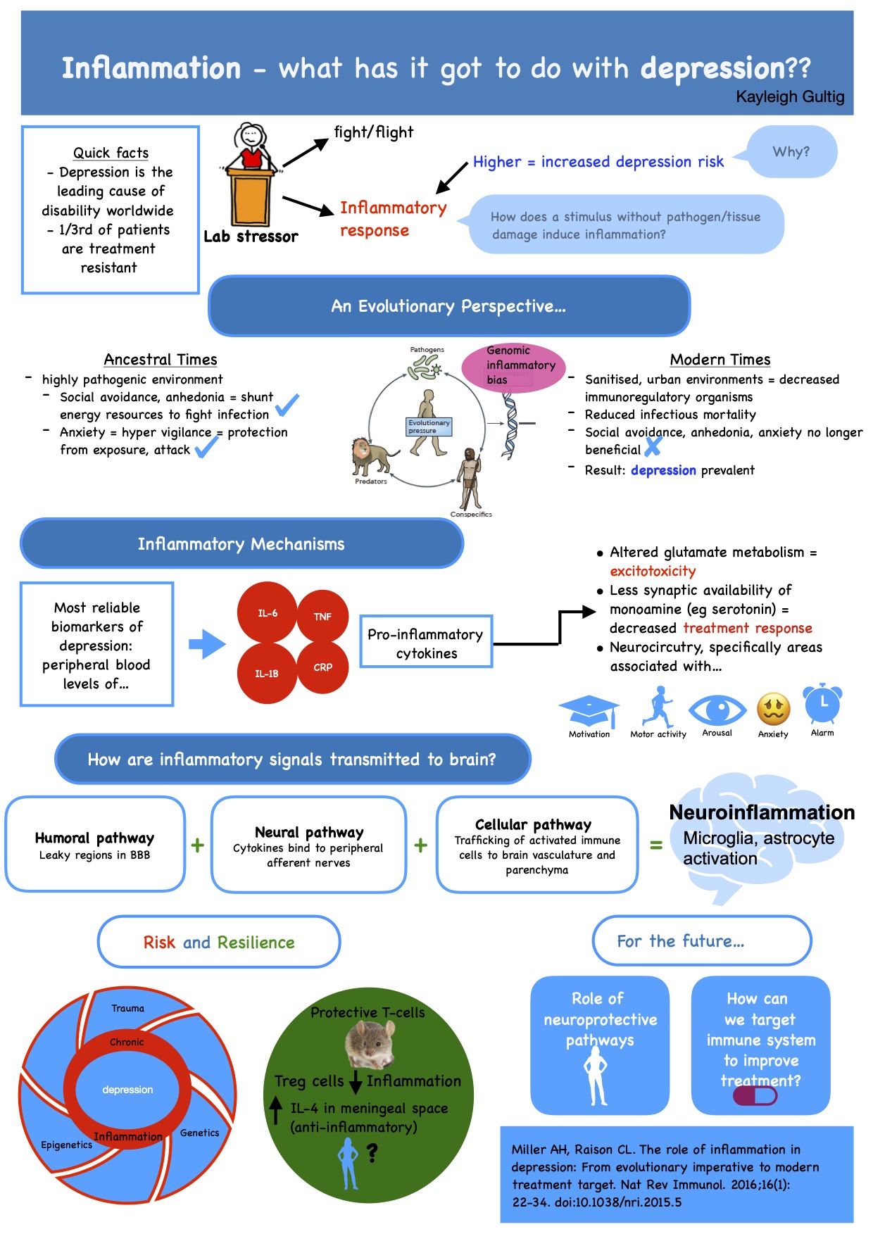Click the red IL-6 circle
pos(267,612)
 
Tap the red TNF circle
pos(322,616)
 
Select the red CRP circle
pos(322,667)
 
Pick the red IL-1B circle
pos(267,674)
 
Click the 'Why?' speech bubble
pos(791,151)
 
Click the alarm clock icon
pos(822,704)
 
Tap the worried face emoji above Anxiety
pos(773,709)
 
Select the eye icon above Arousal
pos(717,710)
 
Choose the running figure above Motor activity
pos(658,707)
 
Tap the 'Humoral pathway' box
pos(95,844)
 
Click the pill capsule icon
pos(755,1096)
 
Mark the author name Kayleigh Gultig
pos(790,96)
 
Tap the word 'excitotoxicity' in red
pos(653,571)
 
